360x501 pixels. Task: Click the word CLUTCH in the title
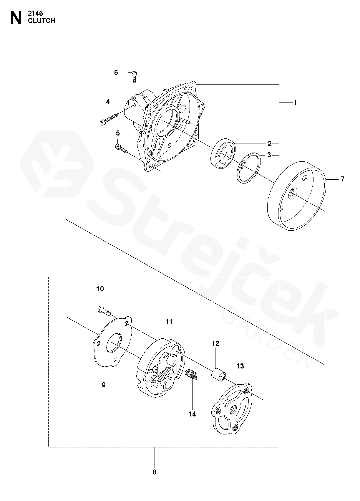click(x=42, y=21)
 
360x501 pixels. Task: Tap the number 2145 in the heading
click(x=35, y=14)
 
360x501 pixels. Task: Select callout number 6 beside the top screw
click(x=116, y=72)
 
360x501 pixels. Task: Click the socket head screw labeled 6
click(x=134, y=77)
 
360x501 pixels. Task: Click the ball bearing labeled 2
click(x=223, y=153)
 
